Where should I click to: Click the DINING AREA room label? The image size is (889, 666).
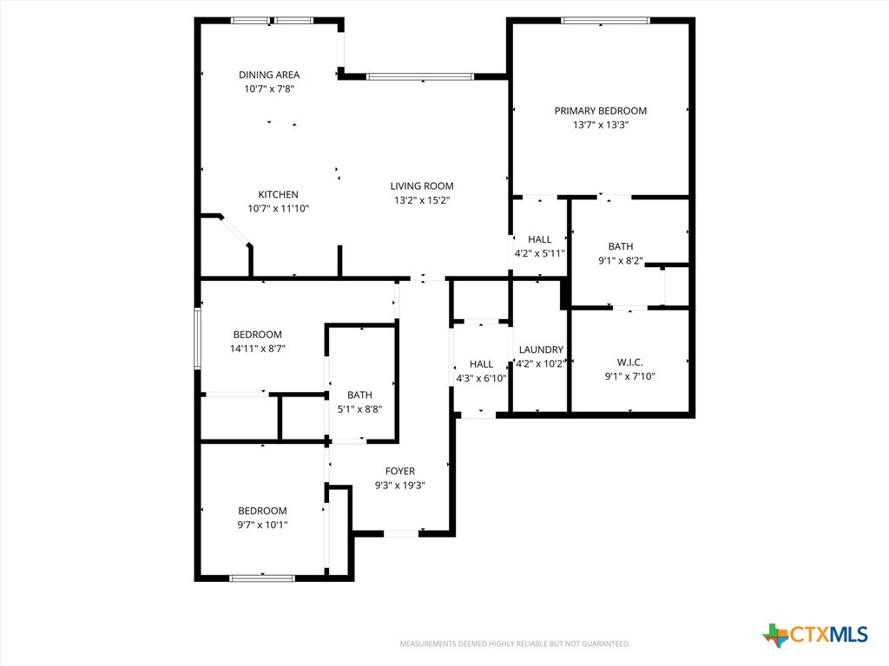pyautogui.click(x=269, y=75)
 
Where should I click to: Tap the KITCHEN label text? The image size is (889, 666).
pyautogui.click(x=279, y=194)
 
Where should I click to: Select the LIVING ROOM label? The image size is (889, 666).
pyautogui.click(x=422, y=186)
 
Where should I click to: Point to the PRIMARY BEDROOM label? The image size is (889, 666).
pyautogui.click(x=601, y=111)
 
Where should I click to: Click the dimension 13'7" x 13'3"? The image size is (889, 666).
pyautogui.click(x=601, y=125)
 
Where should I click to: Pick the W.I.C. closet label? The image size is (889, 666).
pyautogui.click(x=630, y=362)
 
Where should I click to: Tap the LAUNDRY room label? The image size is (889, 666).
pyautogui.click(x=541, y=350)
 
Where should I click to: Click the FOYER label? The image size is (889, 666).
pyautogui.click(x=399, y=471)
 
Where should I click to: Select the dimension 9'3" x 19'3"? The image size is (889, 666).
pyautogui.click(x=399, y=486)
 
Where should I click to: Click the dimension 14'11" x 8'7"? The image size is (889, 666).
pyautogui.click(x=257, y=349)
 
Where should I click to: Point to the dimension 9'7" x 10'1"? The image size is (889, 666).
pyautogui.click(x=262, y=525)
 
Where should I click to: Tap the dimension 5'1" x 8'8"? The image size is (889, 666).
pyautogui.click(x=359, y=409)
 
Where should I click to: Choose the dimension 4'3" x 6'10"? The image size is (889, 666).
pyautogui.click(x=481, y=378)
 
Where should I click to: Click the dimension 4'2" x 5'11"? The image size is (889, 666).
pyautogui.click(x=539, y=254)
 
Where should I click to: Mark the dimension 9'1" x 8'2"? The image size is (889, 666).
pyautogui.click(x=620, y=260)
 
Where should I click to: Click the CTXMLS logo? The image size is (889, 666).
pyautogui.click(x=814, y=634)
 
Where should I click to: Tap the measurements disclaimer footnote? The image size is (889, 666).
pyautogui.click(x=515, y=644)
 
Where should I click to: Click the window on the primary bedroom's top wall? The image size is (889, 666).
pyautogui.click(x=605, y=21)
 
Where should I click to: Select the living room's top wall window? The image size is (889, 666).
pyautogui.click(x=419, y=76)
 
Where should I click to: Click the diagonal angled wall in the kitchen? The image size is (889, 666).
pyautogui.click(x=234, y=230)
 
